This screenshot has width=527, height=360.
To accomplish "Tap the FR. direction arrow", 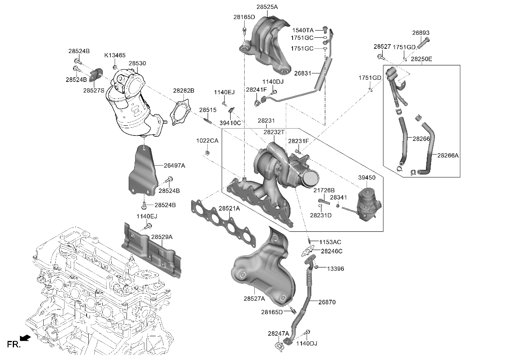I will pos(25,338).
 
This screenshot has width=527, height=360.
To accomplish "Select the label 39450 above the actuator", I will pos(366,178).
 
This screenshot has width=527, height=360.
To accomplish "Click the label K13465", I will pos(115,55).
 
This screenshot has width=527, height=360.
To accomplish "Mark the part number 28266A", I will pos(448,156).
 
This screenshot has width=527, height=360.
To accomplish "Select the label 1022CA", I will pos(207,141).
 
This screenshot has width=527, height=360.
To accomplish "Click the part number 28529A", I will pos(162,237).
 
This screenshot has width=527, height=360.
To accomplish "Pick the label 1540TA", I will pos(303,31).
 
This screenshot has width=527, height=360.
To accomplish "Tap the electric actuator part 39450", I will pos(366,204).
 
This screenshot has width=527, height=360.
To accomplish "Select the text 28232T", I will pos(274,132).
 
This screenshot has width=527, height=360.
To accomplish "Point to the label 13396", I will pos(335,269).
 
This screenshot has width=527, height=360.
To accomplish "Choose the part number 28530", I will pos(137,63).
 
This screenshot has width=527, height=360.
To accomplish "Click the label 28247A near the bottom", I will pos(278,333).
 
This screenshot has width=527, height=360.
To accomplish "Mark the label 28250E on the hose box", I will pos(421,59).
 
